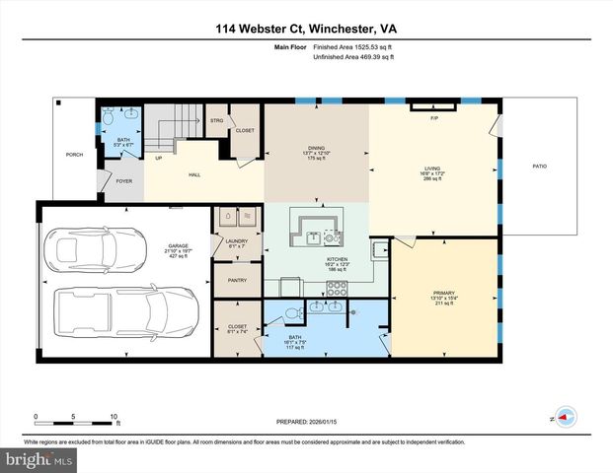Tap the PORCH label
click(74, 155)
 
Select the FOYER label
click(124, 181)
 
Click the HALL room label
click(195, 174)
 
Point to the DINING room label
click(316, 149)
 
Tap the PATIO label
click(539, 167)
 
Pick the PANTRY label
click(236, 280)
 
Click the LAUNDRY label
click(236, 239)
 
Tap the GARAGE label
click(178, 247)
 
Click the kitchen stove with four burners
click(337, 287)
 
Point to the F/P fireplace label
click(433, 118)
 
